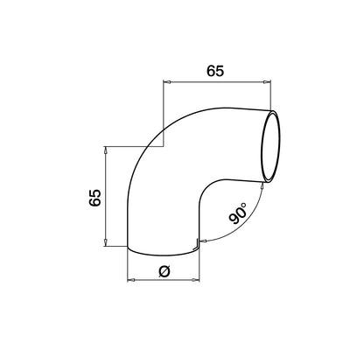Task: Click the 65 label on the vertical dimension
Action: tap(94, 197)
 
